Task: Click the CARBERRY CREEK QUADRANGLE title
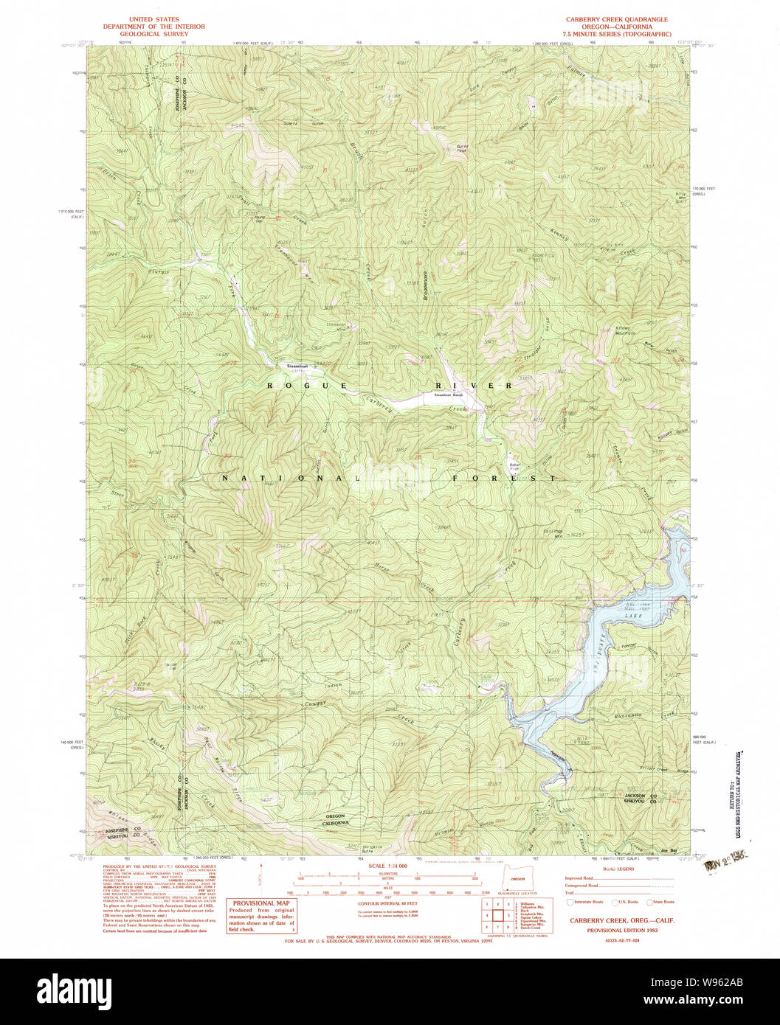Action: click(x=616, y=20)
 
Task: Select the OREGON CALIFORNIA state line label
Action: click(x=336, y=820)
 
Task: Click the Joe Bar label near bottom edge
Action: click(x=669, y=850)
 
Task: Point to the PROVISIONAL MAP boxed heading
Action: click(x=262, y=903)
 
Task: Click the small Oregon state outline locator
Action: click(x=517, y=878)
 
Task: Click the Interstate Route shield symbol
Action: click(x=569, y=902)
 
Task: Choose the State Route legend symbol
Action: click(x=649, y=902)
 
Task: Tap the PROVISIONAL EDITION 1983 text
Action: click(x=622, y=931)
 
